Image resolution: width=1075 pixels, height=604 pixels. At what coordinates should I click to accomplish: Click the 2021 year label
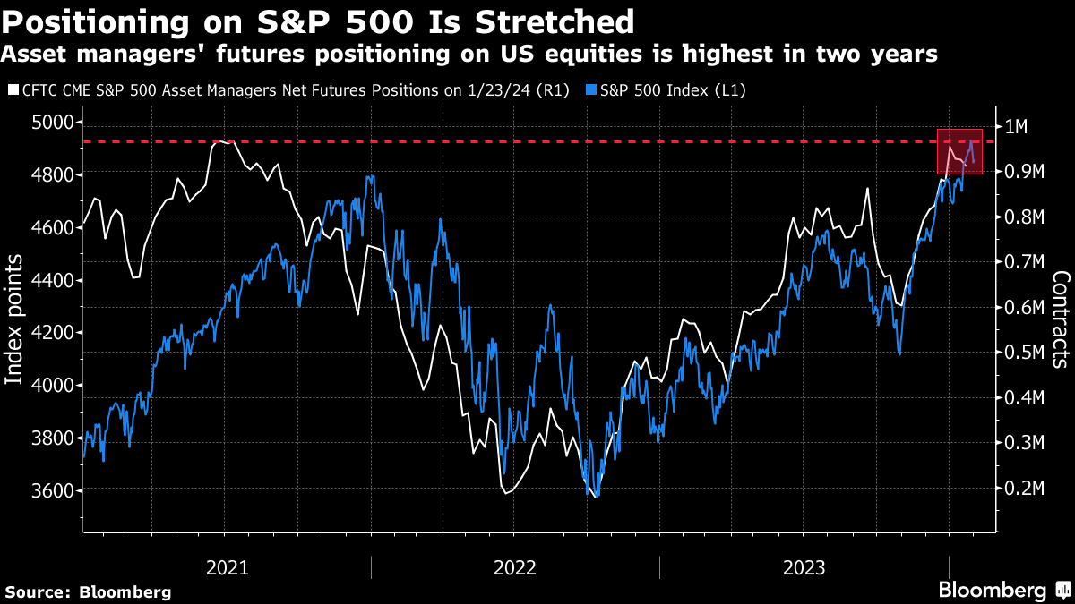(x=227, y=567)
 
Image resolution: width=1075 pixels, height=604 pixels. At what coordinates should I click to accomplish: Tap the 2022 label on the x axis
(x=515, y=567)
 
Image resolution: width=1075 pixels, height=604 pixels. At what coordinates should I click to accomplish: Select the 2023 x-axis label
(x=804, y=567)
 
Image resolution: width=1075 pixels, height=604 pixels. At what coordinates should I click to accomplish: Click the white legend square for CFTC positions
(x=12, y=90)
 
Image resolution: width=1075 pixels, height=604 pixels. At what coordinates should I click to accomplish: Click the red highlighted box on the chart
(x=959, y=151)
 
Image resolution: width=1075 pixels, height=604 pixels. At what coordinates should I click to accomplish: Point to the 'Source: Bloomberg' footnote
(x=88, y=591)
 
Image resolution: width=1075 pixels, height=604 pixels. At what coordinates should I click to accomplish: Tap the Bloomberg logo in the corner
(x=1003, y=590)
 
